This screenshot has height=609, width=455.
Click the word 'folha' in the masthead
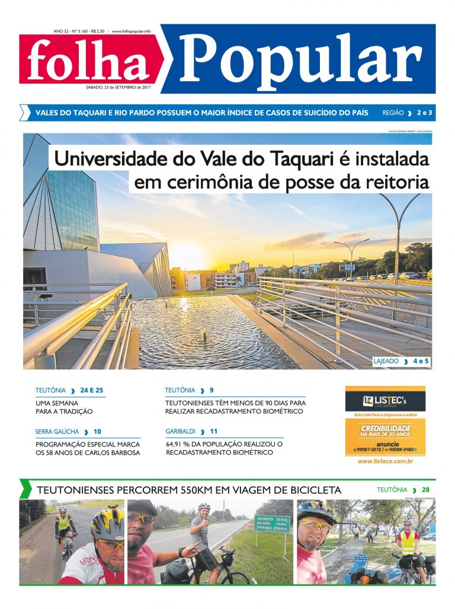point(88,61)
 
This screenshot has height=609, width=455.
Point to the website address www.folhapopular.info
point(131,31)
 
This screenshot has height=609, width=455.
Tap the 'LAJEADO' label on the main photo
point(386,361)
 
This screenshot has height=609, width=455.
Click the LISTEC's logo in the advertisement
point(384,400)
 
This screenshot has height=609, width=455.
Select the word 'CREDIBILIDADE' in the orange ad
point(385,428)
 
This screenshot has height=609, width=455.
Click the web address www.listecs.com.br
point(385,461)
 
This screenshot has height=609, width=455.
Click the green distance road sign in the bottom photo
point(272,524)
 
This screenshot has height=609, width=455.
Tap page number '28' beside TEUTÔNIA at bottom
point(425,490)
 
